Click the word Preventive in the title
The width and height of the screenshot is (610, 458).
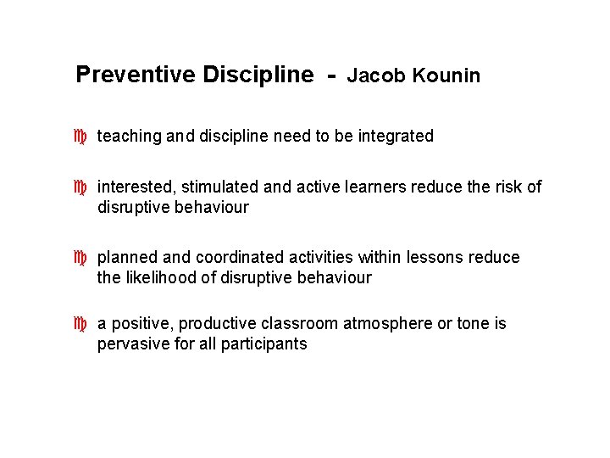(135, 75)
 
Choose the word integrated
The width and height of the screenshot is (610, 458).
(396, 136)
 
